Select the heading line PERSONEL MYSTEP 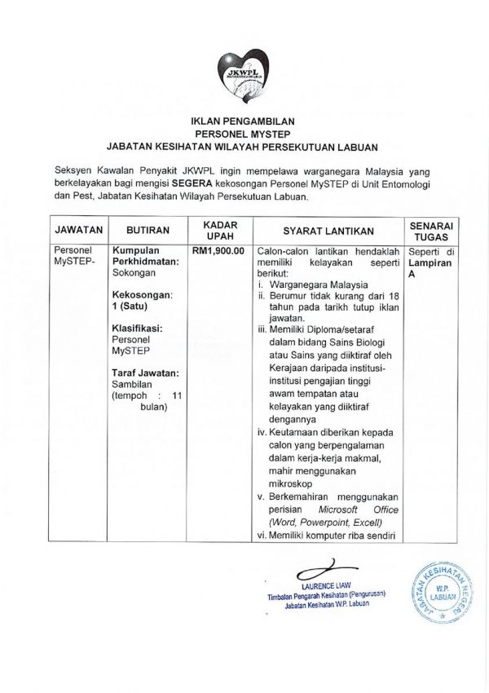pyautogui.click(x=244, y=133)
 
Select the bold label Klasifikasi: pyautogui.click(x=138, y=327)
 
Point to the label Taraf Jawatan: pyautogui.click(x=146, y=373)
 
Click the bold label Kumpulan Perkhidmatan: pyautogui.click(x=147, y=258)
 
